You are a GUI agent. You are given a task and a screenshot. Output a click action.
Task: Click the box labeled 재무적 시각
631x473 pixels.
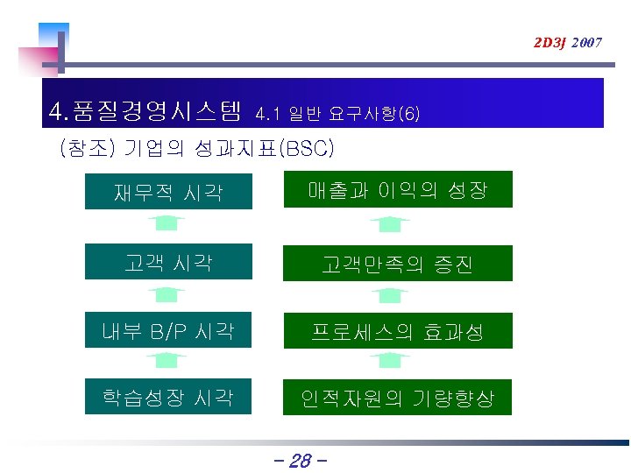(x=168, y=191)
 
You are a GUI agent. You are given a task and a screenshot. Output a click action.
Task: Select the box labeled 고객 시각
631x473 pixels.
(x=168, y=262)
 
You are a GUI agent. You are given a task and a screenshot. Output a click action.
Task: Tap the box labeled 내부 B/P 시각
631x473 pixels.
(x=168, y=330)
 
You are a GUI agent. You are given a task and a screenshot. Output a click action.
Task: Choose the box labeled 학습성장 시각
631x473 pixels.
(x=168, y=397)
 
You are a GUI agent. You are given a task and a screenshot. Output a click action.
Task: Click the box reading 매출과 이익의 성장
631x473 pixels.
(x=397, y=190)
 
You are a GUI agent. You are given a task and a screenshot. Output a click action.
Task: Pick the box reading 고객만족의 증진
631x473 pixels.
(x=397, y=263)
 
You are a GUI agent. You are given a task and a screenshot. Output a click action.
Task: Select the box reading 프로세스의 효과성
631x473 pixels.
(x=397, y=331)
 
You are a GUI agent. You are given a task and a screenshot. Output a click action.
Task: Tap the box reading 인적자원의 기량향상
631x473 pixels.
(x=397, y=398)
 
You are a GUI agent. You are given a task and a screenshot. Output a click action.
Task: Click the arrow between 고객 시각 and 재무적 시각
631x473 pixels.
(x=167, y=223)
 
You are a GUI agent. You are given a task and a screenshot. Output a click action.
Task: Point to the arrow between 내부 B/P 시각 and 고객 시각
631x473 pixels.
(x=167, y=295)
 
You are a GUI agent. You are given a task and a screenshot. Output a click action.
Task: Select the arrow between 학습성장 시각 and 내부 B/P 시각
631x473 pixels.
(x=167, y=360)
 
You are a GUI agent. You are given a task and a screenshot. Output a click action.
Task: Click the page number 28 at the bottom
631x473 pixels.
(x=300, y=460)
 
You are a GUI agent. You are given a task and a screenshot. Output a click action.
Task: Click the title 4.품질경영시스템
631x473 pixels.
(x=145, y=111)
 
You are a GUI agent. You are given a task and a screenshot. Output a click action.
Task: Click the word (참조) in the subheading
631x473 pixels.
(x=86, y=148)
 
